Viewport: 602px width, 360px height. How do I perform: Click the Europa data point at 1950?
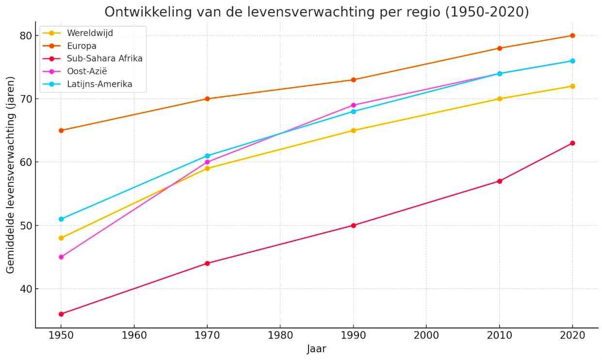tap(61, 131)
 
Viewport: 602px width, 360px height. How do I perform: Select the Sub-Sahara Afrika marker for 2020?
tap(572, 143)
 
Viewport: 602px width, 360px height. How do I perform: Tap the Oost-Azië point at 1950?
tap(61, 257)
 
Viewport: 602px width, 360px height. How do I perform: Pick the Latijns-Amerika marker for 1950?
tap(61, 219)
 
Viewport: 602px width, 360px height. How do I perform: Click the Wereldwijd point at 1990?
tap(353, 131)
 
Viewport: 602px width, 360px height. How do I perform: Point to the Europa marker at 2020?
tap(572, 35)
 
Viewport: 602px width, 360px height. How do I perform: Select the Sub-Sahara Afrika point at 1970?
tap(207, 263)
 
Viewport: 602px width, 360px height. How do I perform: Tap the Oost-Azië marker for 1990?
tap(353, 105)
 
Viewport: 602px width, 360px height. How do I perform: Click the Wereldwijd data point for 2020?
tap(572, 86)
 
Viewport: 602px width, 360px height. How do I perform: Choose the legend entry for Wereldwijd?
tap(90, 33)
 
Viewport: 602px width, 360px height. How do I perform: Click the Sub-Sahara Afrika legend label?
tap(104, 59)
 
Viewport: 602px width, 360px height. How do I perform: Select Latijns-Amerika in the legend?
tap(99, 84)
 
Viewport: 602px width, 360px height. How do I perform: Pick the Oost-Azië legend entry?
tap(87, 71)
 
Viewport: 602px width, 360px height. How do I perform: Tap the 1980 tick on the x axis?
tap(280, 335)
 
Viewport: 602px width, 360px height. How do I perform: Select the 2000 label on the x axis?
tap(426, 335)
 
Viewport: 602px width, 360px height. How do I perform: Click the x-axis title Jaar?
tap(316, 349)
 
